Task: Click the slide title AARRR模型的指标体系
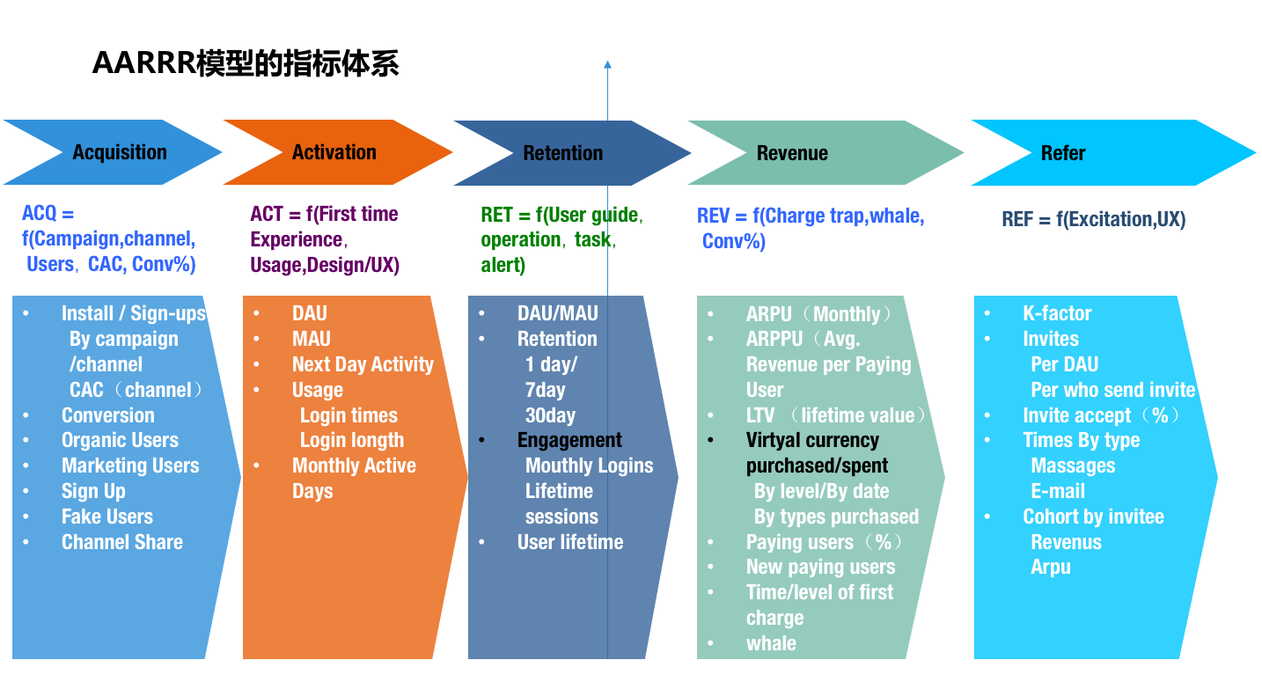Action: click(x=246, y=64)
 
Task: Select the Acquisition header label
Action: click(x=120, y=152)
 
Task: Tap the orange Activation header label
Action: click(x=334, y=152)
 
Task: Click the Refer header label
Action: click(x=1063, y=153)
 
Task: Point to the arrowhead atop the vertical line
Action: click(x=607, y=64)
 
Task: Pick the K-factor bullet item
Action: click(x=1056, y=313)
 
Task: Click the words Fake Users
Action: click(x=106, y=517)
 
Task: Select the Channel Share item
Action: click(x=122, y=542)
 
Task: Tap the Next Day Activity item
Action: click(x=363, y=364)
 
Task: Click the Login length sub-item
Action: click(x=352, y=440)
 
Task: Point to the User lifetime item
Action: click(x=570, y=542)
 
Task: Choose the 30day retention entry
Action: click(x=550, y=415)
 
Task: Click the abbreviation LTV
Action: click(x=760, y=415)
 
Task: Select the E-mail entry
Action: click(x=1058, y=491)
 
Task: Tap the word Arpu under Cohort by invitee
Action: click(x=1051, y=567)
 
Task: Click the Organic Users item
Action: click(x=120, y=440)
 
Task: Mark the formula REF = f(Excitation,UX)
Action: click(x=1093, y=220)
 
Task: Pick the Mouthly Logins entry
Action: click(x=589, y=466)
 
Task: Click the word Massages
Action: click(x=1073, y=466)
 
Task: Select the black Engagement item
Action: click(x=569, y=440)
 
